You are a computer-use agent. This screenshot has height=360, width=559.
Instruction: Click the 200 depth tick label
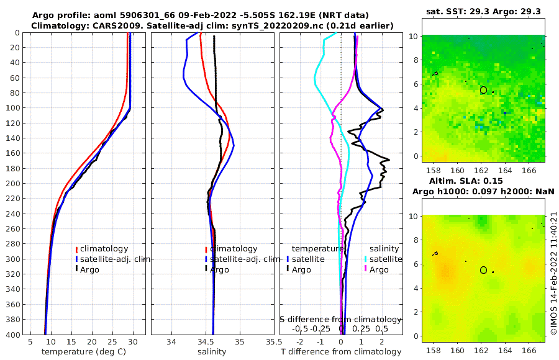click(11, 184)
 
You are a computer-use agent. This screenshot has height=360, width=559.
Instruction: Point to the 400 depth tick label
click(11, 335)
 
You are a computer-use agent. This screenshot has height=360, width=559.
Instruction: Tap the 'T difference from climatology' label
click(341, 352)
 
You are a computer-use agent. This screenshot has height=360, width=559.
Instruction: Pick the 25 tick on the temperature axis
click(112, 341)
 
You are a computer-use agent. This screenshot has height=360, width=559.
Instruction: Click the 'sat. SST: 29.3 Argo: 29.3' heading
click(483, 11)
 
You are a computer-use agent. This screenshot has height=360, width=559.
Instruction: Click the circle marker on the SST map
click(483, 90)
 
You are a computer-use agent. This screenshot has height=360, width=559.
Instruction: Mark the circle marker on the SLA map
click(483, 270)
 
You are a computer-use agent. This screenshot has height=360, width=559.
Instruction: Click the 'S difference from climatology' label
click(341, 318)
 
